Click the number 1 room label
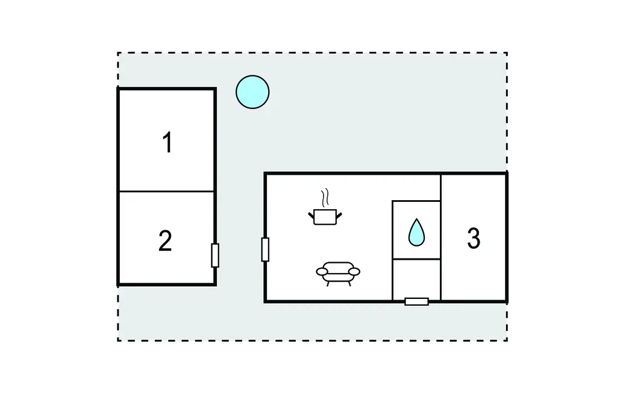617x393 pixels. coord(168,143)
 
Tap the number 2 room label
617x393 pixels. coord(165,241)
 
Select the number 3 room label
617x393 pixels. coord(474,239)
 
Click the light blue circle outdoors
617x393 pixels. coord(252,92)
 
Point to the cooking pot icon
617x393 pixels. coord(325,216)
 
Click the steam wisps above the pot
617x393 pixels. coord(325,197)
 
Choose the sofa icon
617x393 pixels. coord(337,272)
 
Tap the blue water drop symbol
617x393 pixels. coord(416,233)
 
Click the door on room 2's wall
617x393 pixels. coord(215,256)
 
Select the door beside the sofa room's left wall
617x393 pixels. coord(265,250)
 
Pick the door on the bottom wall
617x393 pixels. coord(416,301)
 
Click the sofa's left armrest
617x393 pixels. coord(322,272)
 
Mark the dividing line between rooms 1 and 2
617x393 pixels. coord(166,192)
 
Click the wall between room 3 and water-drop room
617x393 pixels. coord(441,237)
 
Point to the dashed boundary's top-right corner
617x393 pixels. coord(506,53)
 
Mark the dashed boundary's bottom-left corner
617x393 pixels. coord(118,341)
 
